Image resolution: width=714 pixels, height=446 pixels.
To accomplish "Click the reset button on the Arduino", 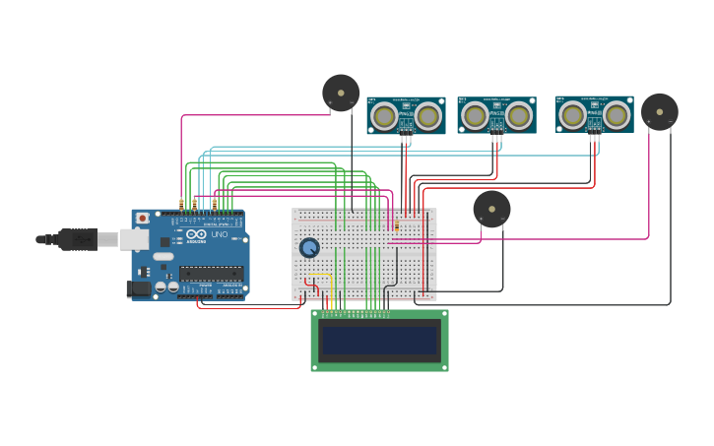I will coord(143,218).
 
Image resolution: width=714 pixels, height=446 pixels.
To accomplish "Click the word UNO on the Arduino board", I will coord(219,234).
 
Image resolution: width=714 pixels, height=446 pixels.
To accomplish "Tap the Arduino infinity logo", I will coord(196,234).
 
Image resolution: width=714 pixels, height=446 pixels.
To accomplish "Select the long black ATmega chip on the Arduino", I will coord(211,273).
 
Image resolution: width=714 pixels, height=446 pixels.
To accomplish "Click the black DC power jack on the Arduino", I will coord(137,288).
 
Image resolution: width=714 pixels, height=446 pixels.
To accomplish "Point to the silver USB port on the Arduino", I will coord(133,239).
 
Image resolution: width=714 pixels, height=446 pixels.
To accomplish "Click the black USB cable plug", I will coord(77,239).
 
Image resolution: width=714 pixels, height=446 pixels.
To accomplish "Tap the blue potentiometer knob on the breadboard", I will coord(309,247).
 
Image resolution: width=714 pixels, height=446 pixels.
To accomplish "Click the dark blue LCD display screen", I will coord(379,341).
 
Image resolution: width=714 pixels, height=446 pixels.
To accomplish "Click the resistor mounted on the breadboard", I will coord(397,228).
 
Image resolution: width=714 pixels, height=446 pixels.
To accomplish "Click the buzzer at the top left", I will coord(341,94).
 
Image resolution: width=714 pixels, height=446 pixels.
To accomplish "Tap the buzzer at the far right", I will coord(659,112).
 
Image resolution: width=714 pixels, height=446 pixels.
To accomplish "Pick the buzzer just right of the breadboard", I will coord(491,209).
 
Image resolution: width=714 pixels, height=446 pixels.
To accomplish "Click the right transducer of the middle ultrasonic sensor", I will coord(518,116).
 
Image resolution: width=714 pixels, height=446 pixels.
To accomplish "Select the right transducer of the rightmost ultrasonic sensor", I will coord(616,115).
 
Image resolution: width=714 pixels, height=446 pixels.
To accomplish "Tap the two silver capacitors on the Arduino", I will coord(166,287).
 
